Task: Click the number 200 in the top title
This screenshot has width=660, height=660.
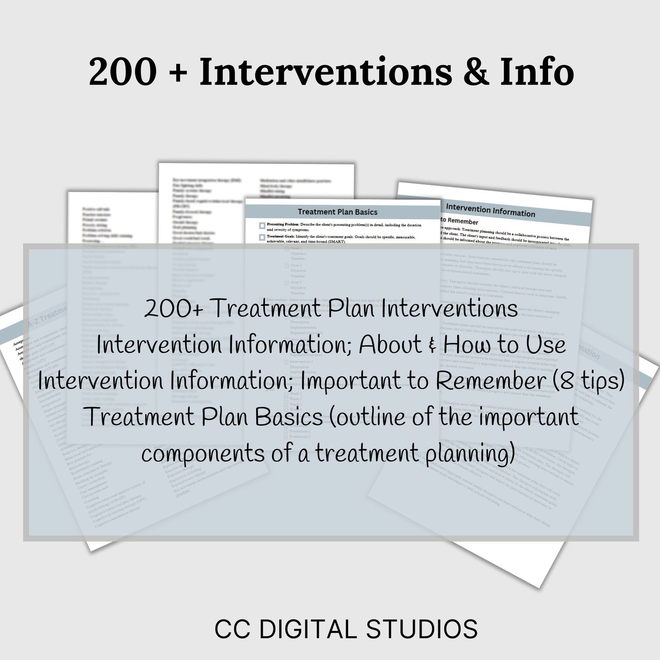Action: click(122, 72)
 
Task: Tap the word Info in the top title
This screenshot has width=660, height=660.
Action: click(537, 72)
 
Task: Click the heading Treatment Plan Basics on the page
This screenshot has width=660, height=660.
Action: click(338, 212)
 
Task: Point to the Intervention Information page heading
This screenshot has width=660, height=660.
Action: click(490, 211)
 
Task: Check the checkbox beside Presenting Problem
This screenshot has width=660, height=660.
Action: click(262, 226)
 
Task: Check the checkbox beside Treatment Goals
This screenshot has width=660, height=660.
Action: click(262, 237)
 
